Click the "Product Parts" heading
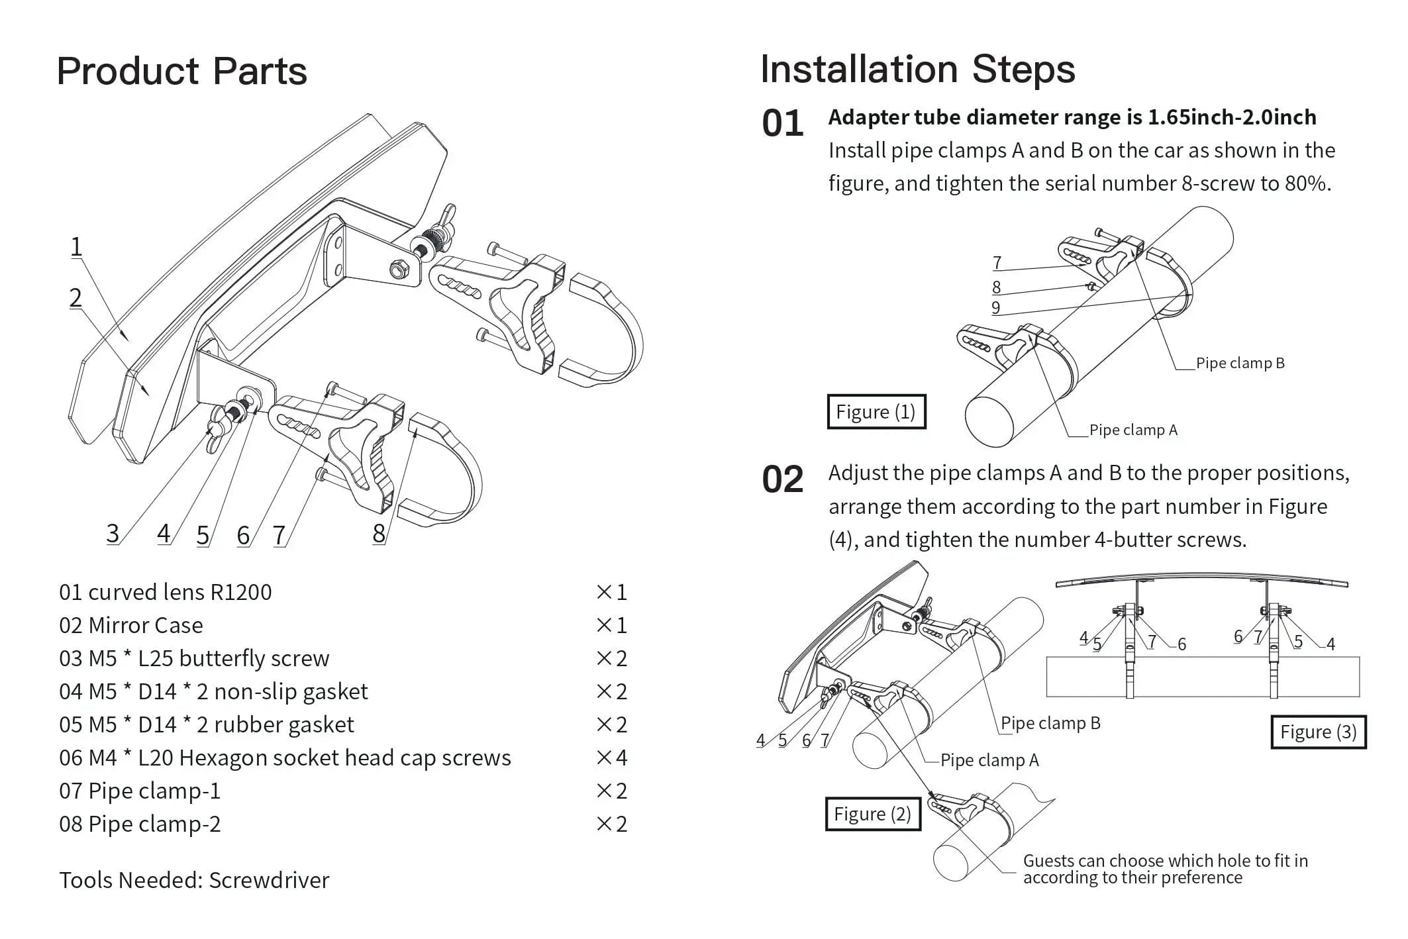coord(181,72)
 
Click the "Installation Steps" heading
coord(917,69)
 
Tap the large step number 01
coord(782,124)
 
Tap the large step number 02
coord(782,479)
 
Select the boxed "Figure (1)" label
coord(876,412)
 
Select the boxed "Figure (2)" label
coord(872,814)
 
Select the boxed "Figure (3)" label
coord(1318,732)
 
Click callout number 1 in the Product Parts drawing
coord(77,246)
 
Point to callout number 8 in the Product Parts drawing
coord(379,533)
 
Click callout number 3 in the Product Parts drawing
coord(113,533)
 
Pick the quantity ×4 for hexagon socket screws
coord(611,758)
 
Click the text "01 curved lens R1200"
coord(165,592)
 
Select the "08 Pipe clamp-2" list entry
coord(140,824)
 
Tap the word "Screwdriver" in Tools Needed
coord(269,880)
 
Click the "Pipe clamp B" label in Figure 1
coord(1240,363)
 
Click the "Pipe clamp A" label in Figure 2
coord(989,760)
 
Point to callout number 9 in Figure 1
coord(995,308)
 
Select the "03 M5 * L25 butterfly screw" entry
coord(194,658)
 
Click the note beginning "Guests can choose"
coord(1165,869)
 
